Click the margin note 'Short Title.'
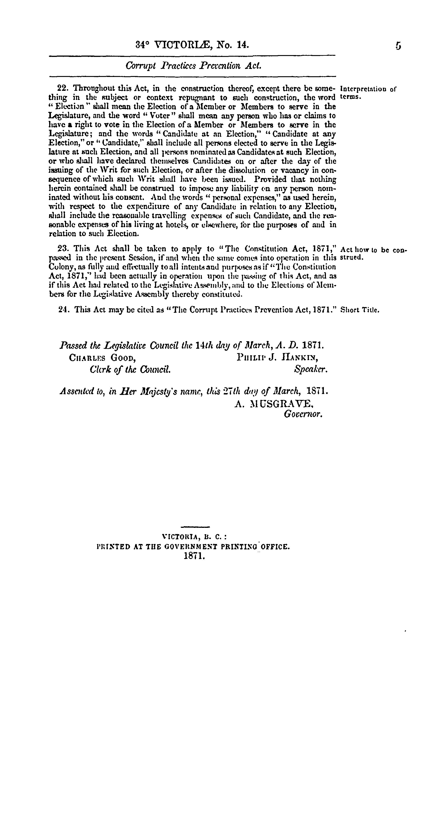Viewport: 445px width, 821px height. tap(360, 310)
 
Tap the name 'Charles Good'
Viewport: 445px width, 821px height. tap(102, 358)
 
